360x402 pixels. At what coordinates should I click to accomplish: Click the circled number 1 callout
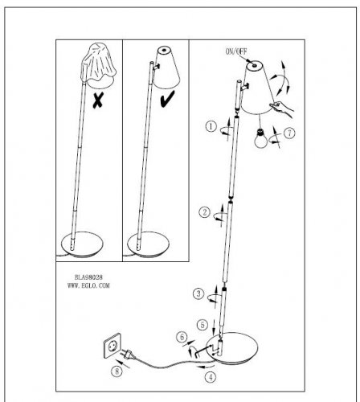tap(211, 126)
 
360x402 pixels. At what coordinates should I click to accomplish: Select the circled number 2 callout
tap(204, 212)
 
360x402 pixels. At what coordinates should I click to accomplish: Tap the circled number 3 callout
tap(198, 293)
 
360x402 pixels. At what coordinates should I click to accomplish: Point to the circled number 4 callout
tap(211, 377)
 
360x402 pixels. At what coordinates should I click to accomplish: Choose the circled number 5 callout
tap(202, 325)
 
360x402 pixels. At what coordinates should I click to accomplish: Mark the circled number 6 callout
tap(182, 337)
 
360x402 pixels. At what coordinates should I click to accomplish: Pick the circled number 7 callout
tap(289, 133)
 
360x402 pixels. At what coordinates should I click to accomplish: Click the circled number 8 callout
tap(117, 371)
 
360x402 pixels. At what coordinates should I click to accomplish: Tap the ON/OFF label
tap(236, 51)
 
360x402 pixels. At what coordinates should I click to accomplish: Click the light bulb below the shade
tap(260, 138)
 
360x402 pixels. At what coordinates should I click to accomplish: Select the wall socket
tap(112, 346)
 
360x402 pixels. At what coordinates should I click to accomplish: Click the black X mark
tap(97, 100)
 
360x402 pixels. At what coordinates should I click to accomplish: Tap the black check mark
tap(167, 99)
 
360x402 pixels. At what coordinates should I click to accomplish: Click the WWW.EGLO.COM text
tap(88, 285)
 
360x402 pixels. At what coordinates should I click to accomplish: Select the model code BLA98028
tap(88, 277)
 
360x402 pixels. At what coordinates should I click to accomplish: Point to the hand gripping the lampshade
tap(282, 109)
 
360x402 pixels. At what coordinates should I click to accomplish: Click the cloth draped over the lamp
tap(98, 64)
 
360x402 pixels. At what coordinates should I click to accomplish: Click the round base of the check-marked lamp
tap(149, 244)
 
